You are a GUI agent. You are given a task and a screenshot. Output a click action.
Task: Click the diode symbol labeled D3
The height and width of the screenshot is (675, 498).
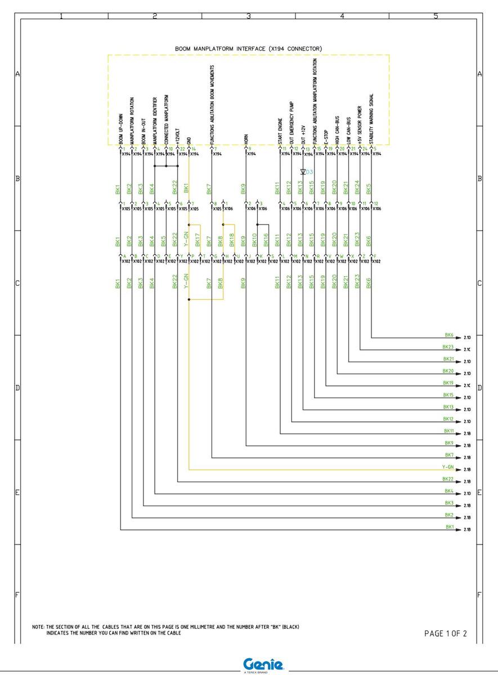coord(303,172)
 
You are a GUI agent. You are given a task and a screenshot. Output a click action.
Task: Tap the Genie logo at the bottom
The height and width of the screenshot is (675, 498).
coord(263,664)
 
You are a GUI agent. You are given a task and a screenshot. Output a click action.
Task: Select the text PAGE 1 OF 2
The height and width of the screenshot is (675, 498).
coord(445,633)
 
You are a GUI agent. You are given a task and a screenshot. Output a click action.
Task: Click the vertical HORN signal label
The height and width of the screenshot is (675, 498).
coord(246,139)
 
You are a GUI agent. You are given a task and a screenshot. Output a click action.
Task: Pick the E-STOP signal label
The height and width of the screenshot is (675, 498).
coord(326,136)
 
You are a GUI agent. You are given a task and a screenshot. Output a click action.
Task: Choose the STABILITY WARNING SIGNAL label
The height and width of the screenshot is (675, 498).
coord(372,119)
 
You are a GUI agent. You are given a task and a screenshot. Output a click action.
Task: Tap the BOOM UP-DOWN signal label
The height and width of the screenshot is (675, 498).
coord(120,129)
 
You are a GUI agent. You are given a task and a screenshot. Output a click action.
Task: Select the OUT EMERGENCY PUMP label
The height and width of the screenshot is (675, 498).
coord(291,123)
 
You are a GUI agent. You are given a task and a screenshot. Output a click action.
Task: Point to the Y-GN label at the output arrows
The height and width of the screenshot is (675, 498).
coord(448,467)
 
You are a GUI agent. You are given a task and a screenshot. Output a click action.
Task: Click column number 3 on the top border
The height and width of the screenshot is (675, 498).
coord(248,16)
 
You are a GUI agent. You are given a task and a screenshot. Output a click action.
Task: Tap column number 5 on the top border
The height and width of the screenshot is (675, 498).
coord(436,16)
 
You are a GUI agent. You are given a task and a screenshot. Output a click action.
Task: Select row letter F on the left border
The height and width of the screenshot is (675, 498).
coord(17,595)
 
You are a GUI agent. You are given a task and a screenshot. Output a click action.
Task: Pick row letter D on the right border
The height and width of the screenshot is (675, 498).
coord(479,388)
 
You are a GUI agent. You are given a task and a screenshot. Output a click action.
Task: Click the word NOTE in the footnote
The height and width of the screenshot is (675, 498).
coord(38,627)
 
